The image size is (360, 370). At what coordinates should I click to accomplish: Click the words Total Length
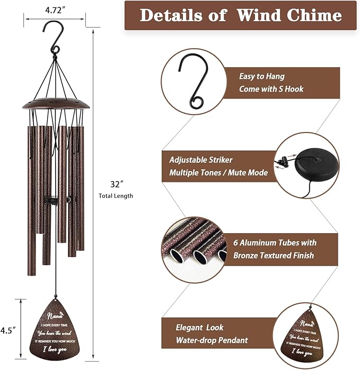click(x=116, y=196)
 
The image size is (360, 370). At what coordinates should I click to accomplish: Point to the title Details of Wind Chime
click(x=241, y=15)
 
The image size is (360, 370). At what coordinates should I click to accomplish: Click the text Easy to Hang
click(x=261, y=76)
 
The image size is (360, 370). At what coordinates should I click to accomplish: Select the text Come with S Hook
click(x=271, y=89)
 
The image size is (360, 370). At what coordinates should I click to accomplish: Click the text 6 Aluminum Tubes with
click(x=275, y=243)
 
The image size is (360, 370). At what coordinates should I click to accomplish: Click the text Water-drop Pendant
click(x=212, y=340)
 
